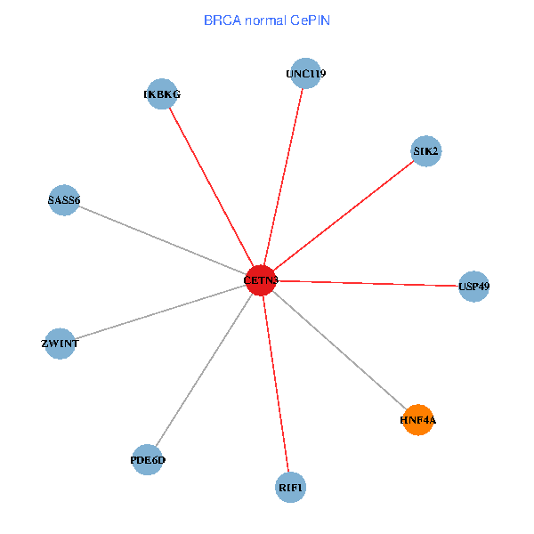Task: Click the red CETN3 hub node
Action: pyautogui.click(x=262, y=280)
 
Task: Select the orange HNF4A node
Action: pyautogui.click(x=418, y=419)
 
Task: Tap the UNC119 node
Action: pyautogui.click(x=305, y=74)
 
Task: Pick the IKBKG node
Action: pyautogui.click(x=162, y=93)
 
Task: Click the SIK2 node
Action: pyautogui.click(x=426, y=151)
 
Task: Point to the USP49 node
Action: pyautogui.click(x=473, y=287)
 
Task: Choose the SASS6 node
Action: pyautogui.click(x=64, y=200)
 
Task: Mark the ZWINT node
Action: pyautogui.click(x=61, y=344)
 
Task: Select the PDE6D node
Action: pyautogui.click(x=148, y=460)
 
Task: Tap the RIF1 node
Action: pyautogui.click(x=291, y=488)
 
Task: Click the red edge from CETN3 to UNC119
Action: pyautogui.click(x=284, y=177)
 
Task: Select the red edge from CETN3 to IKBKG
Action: pyautogui.click(x=212, y=187)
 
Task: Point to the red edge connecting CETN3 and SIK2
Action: pyautogui.click(x=344, y=216)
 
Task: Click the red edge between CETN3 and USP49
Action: pyautogui.click(x=368, y=283)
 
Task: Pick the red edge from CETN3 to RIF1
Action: pyautogui.click(x=276, y=384)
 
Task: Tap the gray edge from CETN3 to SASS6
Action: pyautogui.click(x=163, y=240)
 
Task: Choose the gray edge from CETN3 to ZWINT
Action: pyautogui.click(x=161, y=311)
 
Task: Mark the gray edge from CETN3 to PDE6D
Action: pyautogui.click(x=205, y=370)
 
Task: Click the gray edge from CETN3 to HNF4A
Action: pyautogui.click(x=340, y=350)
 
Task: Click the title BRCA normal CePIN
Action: pyautogui.click(x=266, y=20)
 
